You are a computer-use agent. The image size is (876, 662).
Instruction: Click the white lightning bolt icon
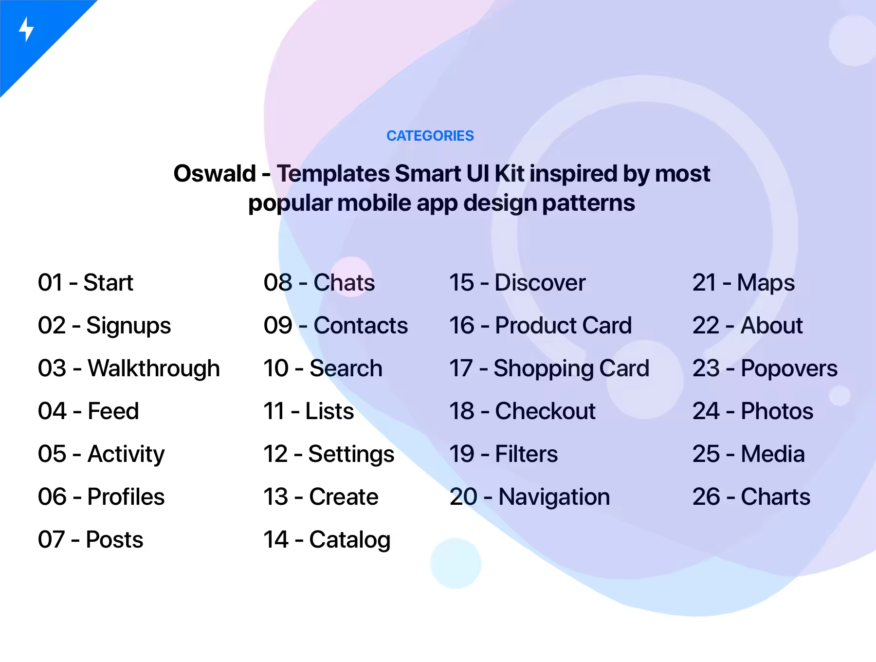pos(26,29)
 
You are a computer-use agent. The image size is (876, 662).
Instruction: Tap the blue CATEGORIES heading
pos(430,136)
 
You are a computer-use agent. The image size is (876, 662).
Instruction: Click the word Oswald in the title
pos(215,173)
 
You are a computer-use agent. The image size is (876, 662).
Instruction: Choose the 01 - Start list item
pos(86,283)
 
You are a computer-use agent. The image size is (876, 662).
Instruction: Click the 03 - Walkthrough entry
pos(129,369)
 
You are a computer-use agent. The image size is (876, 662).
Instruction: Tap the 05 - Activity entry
pos(101,455)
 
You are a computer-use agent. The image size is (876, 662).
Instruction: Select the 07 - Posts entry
pos(91,540)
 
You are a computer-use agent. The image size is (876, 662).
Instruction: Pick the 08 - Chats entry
pos(319,283)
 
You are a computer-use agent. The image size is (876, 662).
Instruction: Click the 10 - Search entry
pos(323,368)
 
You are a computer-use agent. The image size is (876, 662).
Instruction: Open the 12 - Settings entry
pos(329,455)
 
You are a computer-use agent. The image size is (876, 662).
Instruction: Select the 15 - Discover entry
pos(517,283)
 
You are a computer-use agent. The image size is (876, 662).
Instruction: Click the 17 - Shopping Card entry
pos(549,369)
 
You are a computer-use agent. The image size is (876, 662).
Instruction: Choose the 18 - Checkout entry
pos(522,411)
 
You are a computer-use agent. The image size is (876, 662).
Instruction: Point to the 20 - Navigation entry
pos(529,497)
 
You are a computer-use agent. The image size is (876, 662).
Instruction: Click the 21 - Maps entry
pos(744,283)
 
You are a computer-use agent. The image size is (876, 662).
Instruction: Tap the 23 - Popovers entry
pos(765,369)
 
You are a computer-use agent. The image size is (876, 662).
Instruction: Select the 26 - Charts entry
pos(751,497)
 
